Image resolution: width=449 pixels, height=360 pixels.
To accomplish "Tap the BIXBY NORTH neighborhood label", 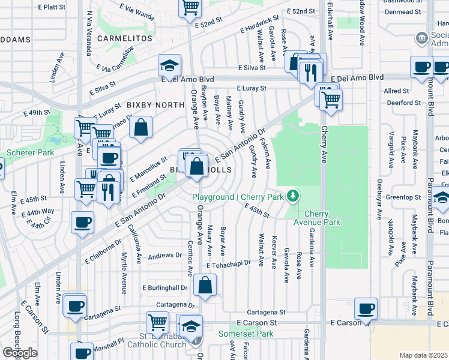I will pyautogui.click(x=155, y=105).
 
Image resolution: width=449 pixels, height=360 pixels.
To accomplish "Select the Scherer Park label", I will pyautogui.click(x=26, y=153).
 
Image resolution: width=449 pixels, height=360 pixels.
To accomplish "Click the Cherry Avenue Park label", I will pyautogui.click(x=322, y=218).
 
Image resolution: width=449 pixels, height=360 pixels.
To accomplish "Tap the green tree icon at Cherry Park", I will pyautogui.click(x=293, y=196).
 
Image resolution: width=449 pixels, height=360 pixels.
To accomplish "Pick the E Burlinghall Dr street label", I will pyautogui.click(x=165, y=287).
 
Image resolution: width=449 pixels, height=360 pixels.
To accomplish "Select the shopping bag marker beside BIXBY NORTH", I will pyautogui.click(x=140, y=128).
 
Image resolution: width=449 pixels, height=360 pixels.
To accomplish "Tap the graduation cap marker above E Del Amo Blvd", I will pyautogui.click(x=170, y=65).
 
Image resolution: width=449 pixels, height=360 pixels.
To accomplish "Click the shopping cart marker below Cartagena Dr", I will pyautogui.click(x=157, y=322).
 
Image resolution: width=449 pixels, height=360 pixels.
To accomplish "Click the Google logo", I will pyautogui.click(x=20, y=353).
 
